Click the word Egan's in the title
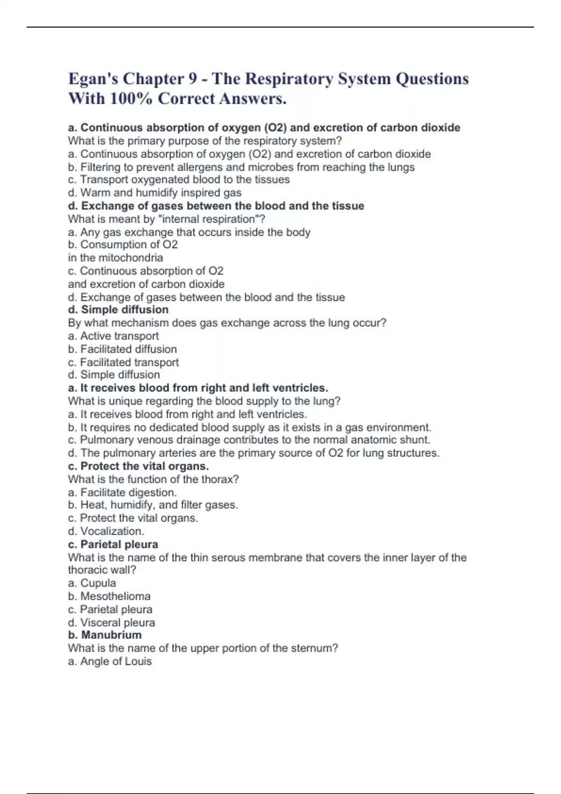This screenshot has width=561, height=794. (93, 78)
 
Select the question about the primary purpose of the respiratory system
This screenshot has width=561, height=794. (205, 141)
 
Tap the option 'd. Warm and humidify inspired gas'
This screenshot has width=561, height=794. (155, 192)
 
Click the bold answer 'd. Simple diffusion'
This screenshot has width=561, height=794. (118, 310)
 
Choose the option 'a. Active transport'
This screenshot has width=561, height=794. (113, 336)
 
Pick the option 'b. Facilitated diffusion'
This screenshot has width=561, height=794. (122, 349)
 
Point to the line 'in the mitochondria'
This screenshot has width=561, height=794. (115, 258)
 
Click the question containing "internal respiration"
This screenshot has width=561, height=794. (166, 219)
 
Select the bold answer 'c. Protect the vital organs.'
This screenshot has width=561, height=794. (138, 466)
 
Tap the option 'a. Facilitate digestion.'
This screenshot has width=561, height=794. (122, 492)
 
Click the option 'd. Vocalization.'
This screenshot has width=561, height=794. (106, 531)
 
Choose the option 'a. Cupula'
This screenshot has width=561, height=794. (92, 583)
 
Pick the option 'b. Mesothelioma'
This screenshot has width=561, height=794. (109, 596)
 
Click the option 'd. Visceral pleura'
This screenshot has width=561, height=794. (111, 623)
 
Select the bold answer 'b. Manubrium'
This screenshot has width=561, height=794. (105, 635)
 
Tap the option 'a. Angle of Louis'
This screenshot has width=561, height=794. (110, 661)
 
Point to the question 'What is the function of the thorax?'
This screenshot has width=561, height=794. (153, 479)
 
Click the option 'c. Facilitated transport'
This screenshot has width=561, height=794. (123, 362)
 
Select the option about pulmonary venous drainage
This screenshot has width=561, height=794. (249, 440)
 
